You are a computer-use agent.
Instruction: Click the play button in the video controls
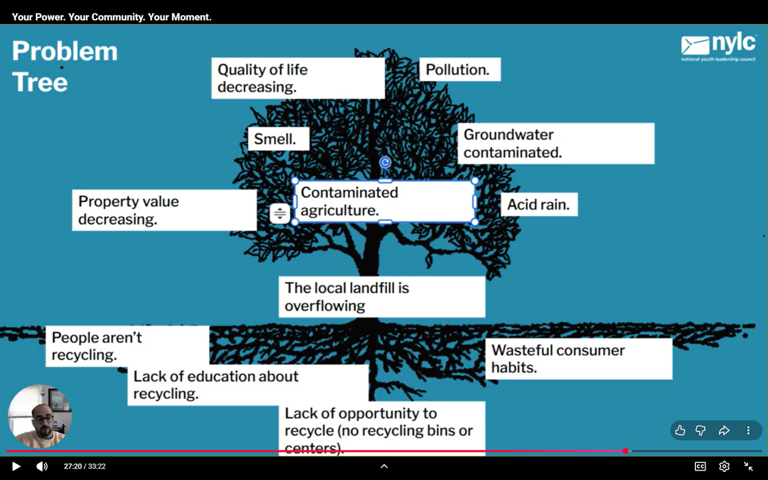(16, 466)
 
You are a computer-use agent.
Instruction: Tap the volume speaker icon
(41, 466)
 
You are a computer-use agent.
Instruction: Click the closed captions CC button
(700, 466)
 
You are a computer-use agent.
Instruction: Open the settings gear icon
(724, 466)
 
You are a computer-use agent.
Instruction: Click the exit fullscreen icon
(748, 466)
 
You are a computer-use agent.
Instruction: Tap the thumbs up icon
(680, 430)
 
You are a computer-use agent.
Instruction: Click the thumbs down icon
(700, 430)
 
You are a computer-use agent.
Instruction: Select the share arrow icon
(724, 430)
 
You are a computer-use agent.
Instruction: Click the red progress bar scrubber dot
(626, 451)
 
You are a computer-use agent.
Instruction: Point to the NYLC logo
(718, 47)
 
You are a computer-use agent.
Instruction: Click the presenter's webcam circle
(40, 416)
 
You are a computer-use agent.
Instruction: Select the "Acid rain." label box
(538, 205)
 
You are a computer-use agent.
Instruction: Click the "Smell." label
(275, 139)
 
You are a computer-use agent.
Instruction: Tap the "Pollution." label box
(458, 70)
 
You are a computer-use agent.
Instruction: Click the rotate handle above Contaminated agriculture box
(385, 163)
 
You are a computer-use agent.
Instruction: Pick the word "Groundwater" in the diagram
(509, 135)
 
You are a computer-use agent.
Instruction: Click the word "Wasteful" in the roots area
(520, 350)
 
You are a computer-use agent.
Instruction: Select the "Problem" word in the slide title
(65, 52)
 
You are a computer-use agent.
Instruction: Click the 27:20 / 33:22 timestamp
(85, 466)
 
